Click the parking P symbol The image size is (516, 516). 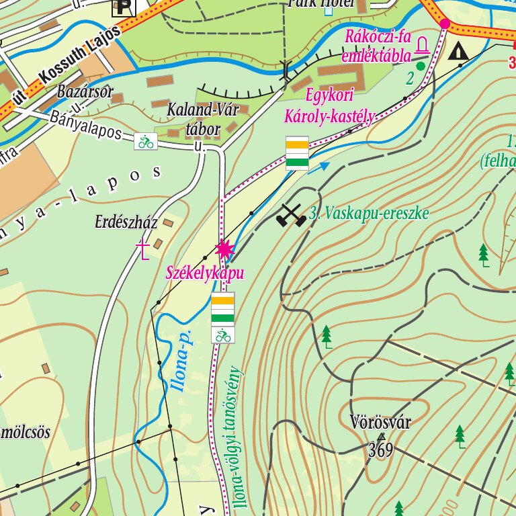pos(123,7)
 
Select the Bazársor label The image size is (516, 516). pos(85,91)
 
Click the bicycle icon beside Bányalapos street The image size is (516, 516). pos(146,141)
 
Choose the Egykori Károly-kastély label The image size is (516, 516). pos(329,105)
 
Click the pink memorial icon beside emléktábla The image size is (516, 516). pos(423,46)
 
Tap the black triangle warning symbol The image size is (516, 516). pos(459,50)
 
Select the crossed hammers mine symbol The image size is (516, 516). pos(290,215)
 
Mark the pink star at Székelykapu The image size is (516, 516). pos(224,250)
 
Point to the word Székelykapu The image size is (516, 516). pos(204,273)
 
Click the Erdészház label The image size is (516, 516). pos(126,222)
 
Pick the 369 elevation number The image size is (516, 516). pos(380,449)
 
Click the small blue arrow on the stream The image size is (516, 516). pos(324,165)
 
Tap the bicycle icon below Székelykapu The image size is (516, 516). pos(223,335)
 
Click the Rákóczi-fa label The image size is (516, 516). pos(377,37)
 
